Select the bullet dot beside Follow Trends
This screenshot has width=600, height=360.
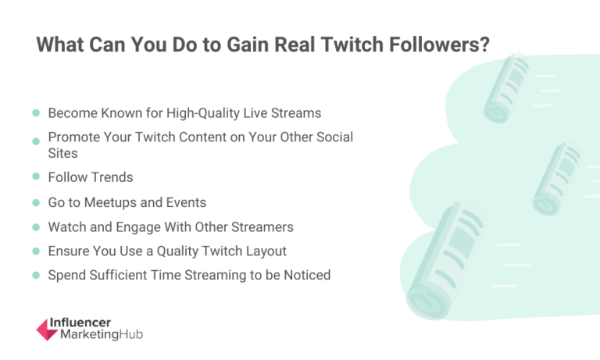36,177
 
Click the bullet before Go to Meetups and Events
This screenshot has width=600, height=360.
36,202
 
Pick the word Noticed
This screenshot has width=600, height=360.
305,275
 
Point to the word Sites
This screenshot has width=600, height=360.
62,153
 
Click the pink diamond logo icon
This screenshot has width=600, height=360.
47,329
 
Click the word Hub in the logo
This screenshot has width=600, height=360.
132,335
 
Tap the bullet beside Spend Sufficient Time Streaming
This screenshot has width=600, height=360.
36,275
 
